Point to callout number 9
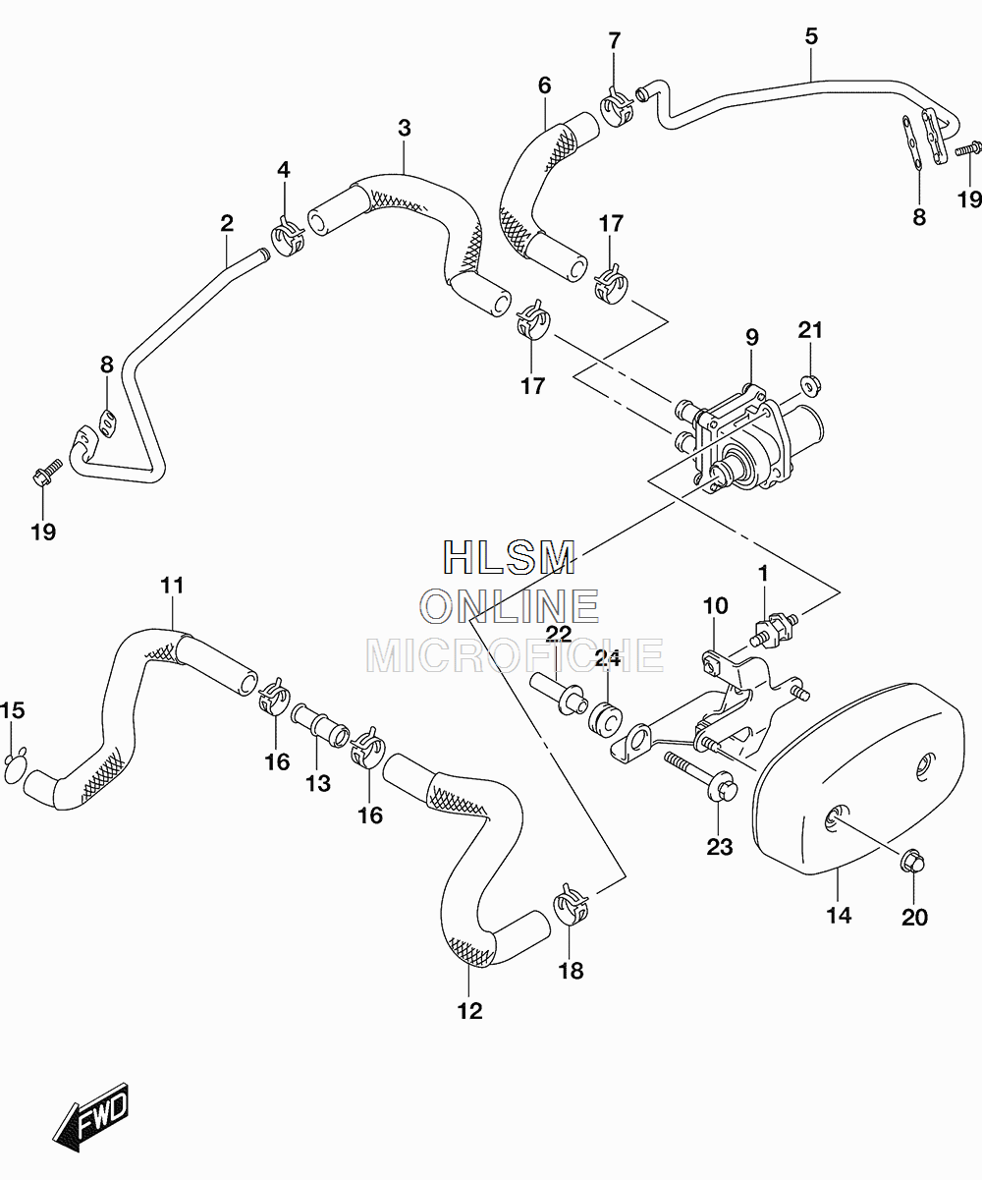click(752, 337)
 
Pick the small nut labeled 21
click(810, 386)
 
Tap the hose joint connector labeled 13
click(320, 724)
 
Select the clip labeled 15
click(15, 766)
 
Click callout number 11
click(172, 586)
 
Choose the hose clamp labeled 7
click(617, 107)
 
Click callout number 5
click(811, 36)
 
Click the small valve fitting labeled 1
click(773, 629)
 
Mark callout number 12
click(470, 1011)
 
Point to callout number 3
click(404, 129)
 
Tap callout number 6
click(544, 85)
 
